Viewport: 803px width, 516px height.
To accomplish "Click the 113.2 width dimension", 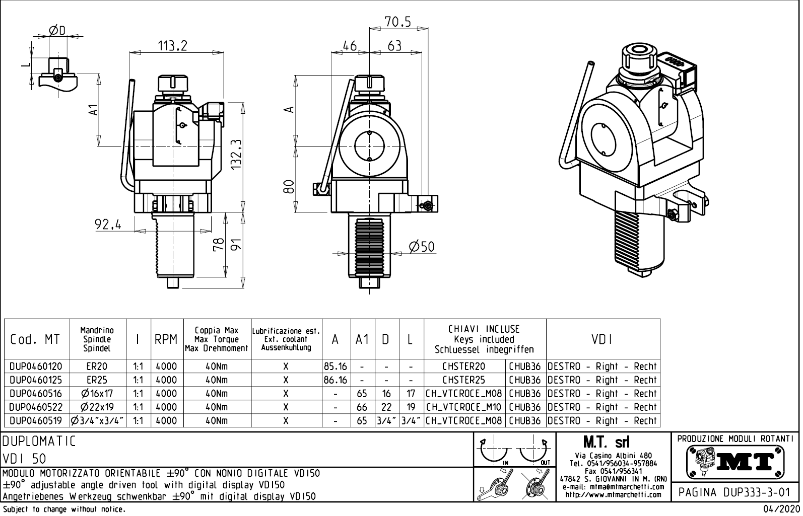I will click(x=172, y=46).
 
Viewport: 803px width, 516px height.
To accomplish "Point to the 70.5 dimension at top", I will click(x=398, y=22).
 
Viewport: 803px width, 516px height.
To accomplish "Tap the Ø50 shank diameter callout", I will click(x=421, y=247).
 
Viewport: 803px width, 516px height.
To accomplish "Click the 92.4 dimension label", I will click(x=108, y=225).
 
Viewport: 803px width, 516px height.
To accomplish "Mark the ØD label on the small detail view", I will click(x=57, y=31).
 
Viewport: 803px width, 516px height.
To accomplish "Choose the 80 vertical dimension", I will click(x=289, y=187).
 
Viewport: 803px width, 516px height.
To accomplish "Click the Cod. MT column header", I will click(x=35, y=339).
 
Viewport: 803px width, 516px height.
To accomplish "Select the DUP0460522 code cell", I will click(x=35, y=407).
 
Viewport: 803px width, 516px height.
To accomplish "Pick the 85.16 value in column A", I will click(x=336, y=366).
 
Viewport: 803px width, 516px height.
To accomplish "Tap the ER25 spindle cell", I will click(x=97, y=380).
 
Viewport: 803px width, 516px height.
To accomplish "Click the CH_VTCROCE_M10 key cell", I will click(x=464, y=407).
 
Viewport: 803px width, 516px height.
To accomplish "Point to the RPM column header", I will click(x=166, y=340).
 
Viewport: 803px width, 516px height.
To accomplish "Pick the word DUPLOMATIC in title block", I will click(x=39, y=441).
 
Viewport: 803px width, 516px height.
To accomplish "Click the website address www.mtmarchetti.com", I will click(x=613, y=494).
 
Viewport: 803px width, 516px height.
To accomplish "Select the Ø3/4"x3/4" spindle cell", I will click(x=97, y=421).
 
